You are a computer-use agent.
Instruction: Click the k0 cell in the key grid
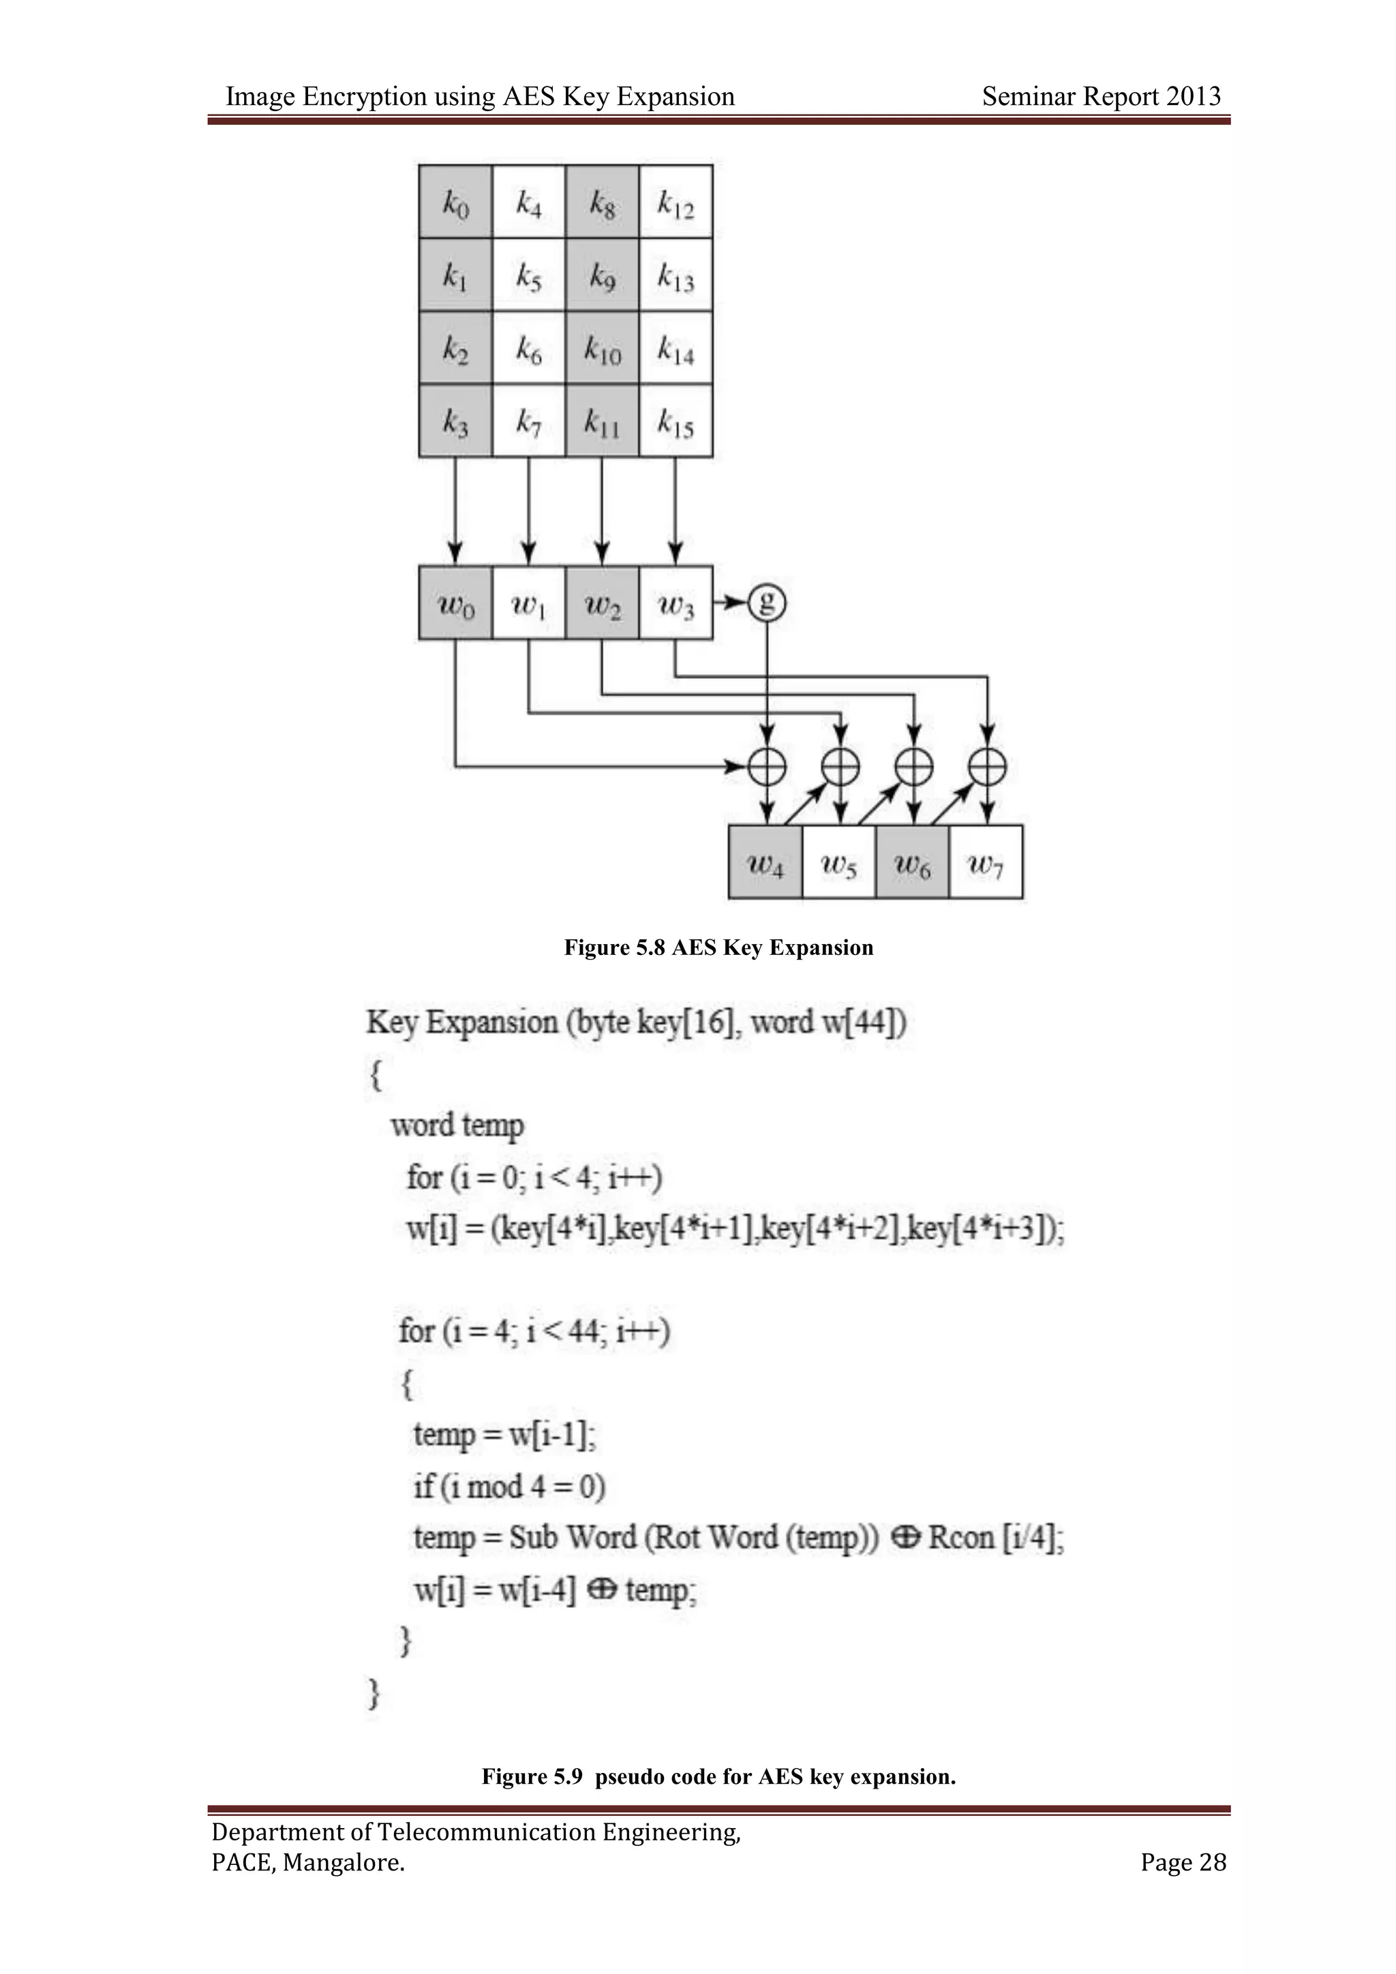[x=455, y=202]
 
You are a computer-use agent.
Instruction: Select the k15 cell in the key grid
[x=676, y=421]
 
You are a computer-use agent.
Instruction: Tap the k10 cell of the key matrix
[x=602, y=348]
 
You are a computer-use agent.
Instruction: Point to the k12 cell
[x=676, y=202]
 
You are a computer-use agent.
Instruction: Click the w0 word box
[x=455, y=603]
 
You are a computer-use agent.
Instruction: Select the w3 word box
[x=676, y=603]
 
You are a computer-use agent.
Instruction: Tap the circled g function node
[x=767, y=603]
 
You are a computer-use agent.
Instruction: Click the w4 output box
[x=765, y=863]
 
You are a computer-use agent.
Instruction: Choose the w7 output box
[x=986, y=863]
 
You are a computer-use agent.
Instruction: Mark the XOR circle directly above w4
[x=767, y=766]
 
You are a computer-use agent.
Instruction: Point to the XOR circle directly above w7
[x=987, y=766]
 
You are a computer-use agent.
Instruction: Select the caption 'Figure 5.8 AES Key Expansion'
[x=718, y=947]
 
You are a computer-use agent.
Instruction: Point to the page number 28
[x=1212, y=1862]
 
